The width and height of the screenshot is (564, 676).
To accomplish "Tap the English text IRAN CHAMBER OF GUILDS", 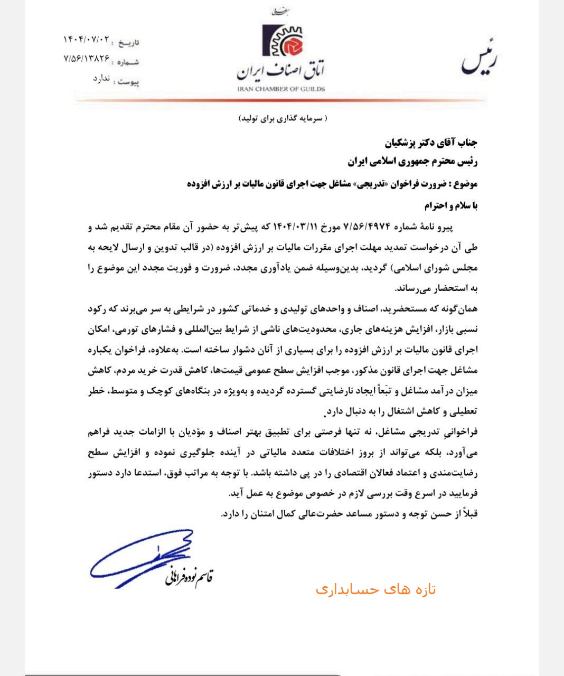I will pyautogui.click(x=281, y=89).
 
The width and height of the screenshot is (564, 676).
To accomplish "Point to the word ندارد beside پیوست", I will pyautogui.click(x=101, y=79).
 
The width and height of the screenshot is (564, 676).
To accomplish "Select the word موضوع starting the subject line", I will pyautogui.click(x=465, y=184).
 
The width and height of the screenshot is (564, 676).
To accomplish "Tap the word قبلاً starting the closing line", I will pyautogui.click(x=467, y=514).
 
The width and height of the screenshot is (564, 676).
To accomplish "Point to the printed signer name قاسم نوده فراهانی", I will pyautogui.click(x=188, y=577).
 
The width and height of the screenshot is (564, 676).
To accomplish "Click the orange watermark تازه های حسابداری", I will pyautogui.click(x=375, y=589).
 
